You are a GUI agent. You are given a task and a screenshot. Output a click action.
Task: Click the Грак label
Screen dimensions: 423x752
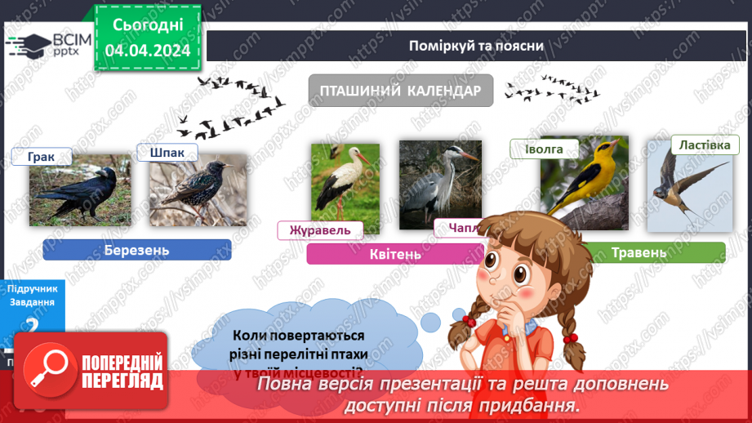41,158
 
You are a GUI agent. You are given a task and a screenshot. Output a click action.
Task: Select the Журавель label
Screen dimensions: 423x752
319,230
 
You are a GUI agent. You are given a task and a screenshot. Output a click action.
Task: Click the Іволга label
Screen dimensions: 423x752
545,149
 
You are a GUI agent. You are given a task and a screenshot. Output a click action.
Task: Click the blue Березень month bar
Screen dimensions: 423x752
136,250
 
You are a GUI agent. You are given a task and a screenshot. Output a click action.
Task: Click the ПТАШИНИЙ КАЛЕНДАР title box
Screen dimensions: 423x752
400,91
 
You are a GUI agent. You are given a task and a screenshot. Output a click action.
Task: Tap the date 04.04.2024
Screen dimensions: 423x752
148,51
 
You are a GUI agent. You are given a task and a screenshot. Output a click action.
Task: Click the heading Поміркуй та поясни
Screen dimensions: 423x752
477,45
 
